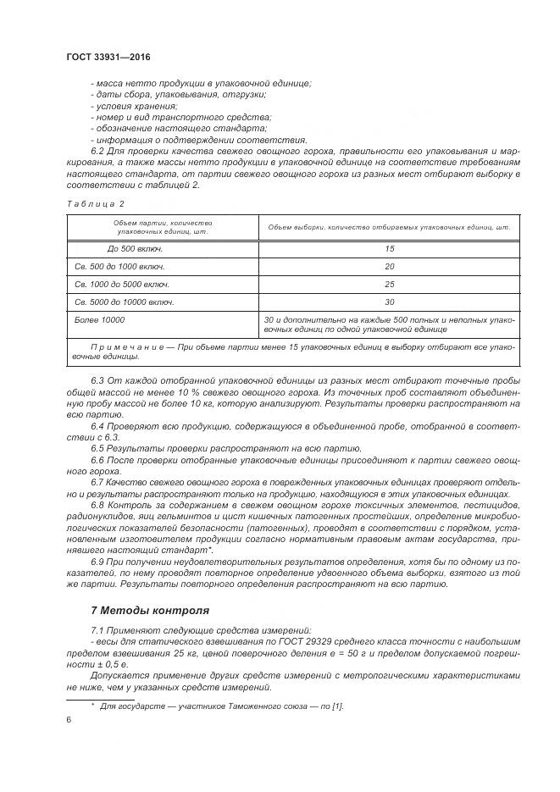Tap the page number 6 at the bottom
pyautogui.click(x=68, y=719)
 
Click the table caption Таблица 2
pyautogui.click(x=95, y=204)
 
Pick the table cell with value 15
pyautogui.click(x=389, y=249)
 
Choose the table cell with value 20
pyautogui.click(x=389, y=267)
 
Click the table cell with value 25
pyautogui.click(x=389, y=285)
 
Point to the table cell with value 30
pyautogui.click(x=389, y=302)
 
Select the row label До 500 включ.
pyautogui.click(x=135, y=249)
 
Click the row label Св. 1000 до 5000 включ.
pyautogui.click(x=123, y=285)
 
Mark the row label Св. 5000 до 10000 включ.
pyautogui.click(x=125, y=302)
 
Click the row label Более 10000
pyautogui.click(x=100, y=320)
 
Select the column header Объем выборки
pyautogui.click(x=389, y=227)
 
